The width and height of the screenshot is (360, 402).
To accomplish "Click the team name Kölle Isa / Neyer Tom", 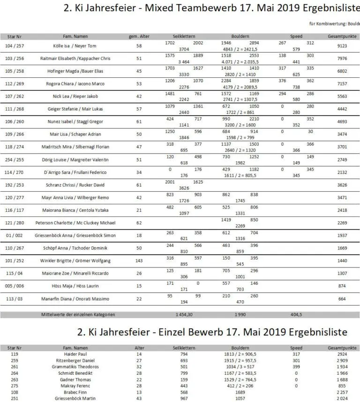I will tap(75, 46).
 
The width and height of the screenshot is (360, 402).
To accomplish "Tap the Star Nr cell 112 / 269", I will tap(15, 84).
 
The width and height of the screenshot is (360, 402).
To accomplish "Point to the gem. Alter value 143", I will tap(139, 261).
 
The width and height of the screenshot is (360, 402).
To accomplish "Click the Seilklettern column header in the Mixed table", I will tap(183, 36).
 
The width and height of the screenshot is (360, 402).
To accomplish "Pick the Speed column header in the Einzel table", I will tap(296, 348).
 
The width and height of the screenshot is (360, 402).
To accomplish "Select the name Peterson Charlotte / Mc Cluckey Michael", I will tap(75, 223).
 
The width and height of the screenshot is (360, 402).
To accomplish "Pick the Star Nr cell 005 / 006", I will tap(15, 286).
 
